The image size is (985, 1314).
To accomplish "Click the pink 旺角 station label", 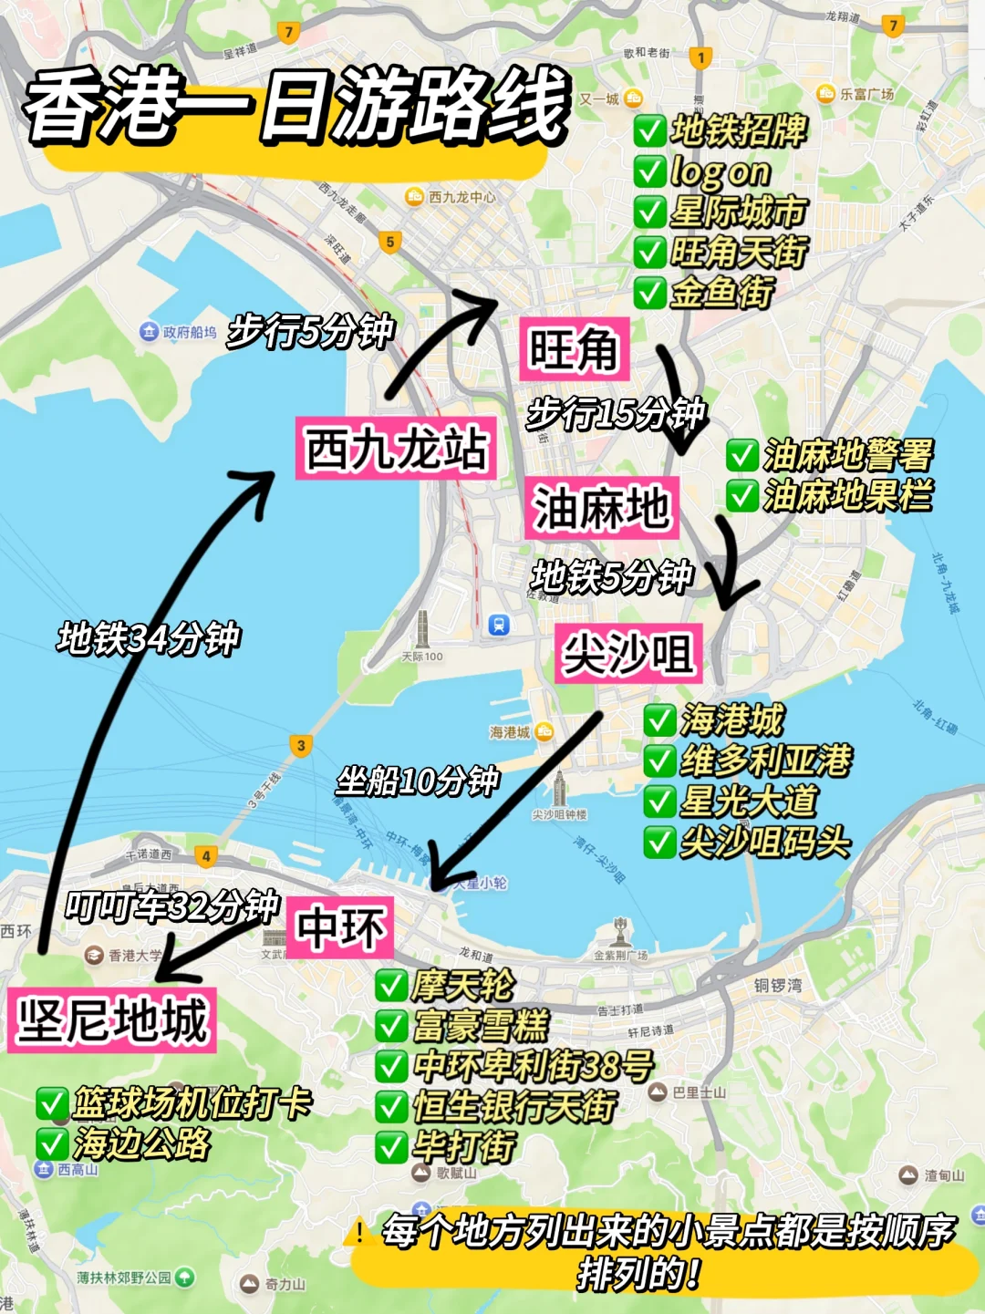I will coord(574,349).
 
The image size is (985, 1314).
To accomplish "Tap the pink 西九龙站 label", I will coord(396,449).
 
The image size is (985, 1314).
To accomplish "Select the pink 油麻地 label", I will coord(602,508).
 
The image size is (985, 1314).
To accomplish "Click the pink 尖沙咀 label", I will coord(628,654).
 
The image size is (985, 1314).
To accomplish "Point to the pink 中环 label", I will coord(340,928).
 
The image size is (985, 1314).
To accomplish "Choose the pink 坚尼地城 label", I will coord(112,1020).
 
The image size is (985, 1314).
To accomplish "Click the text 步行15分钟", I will coord(617,414).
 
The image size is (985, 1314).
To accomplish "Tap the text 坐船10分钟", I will coord(418,781).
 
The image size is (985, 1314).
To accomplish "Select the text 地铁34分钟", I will coord(149,638).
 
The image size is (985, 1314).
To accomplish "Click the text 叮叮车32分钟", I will coord(171,906).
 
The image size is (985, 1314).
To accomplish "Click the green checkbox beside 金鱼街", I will coord(649,293).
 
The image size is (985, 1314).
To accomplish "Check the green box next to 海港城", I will coord(659,720).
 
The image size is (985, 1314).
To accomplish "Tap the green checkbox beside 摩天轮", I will coord(391,986).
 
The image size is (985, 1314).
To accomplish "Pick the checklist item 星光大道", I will coord(748,802).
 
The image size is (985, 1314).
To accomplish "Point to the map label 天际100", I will coord(422,657).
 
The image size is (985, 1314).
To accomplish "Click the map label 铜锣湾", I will coord(778,986).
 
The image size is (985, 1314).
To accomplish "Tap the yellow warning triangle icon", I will coord(359,1233).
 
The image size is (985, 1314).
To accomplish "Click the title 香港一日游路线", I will coord(297,108).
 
